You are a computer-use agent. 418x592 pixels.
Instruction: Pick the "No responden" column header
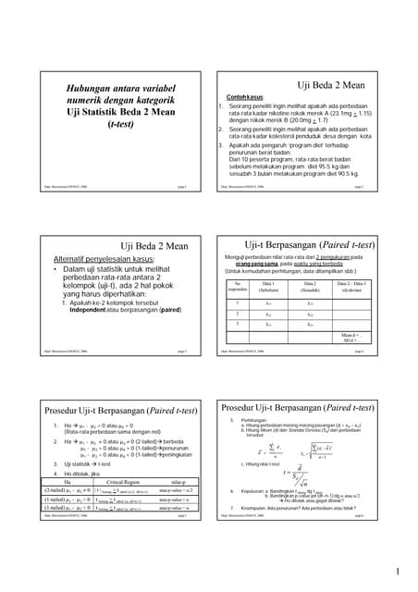click(x=238, y=287)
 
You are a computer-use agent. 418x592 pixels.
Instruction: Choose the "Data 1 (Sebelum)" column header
click(x=268, y=286)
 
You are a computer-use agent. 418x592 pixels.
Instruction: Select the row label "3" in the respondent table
click(x=238, y=324)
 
